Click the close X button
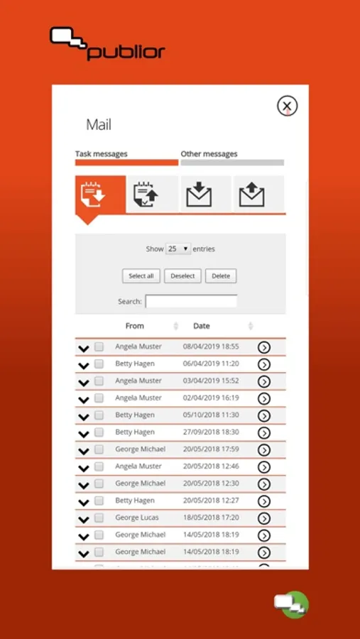(287, 106)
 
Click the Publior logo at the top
(107, 43)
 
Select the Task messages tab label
(101, 154)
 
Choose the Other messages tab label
(209, 154)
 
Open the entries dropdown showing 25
(178, 248)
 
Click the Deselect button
(182, 276)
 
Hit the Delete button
(221, 276)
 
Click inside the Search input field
(191, 302)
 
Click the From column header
(134, 326)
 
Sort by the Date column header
(202, 326)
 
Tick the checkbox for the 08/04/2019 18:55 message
(99, 346)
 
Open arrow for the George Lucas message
(264, 518)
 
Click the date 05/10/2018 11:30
(211, 415)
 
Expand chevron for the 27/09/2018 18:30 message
(84, 434)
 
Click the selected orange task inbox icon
(100, 195)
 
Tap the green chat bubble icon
(292, 604)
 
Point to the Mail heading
(99, 125)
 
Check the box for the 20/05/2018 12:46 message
(99, 466)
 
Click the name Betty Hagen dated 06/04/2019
(135, 364)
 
